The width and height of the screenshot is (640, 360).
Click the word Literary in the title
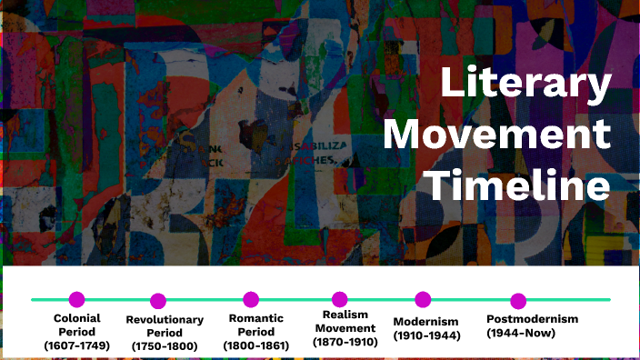coord(525,85)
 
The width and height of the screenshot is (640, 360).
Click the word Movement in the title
coord(496,136)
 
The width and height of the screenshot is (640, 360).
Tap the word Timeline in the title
coord(518,186)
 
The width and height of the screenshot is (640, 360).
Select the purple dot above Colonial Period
coord(76,299)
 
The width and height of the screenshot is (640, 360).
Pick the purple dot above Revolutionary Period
coord(158,301)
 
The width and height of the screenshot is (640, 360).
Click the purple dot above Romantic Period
coord(251,299)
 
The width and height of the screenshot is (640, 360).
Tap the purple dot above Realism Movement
coord(340,299)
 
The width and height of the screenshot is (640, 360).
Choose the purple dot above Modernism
coord(423,299)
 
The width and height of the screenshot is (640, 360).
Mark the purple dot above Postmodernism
coord(518,301)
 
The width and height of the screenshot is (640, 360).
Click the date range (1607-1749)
coord(76,345)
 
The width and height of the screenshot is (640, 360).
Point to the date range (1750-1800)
coord(165,346)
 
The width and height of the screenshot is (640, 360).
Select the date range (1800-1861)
coord(256,345)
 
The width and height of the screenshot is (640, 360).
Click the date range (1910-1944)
coord(427,335)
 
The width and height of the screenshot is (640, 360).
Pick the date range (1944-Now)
coord(523,334)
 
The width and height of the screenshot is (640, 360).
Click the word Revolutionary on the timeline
coord(165,319)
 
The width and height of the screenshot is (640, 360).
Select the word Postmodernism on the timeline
coord(532,319)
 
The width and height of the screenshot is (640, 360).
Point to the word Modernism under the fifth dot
coord(425,322)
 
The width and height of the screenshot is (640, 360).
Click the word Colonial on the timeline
coord(76,318)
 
